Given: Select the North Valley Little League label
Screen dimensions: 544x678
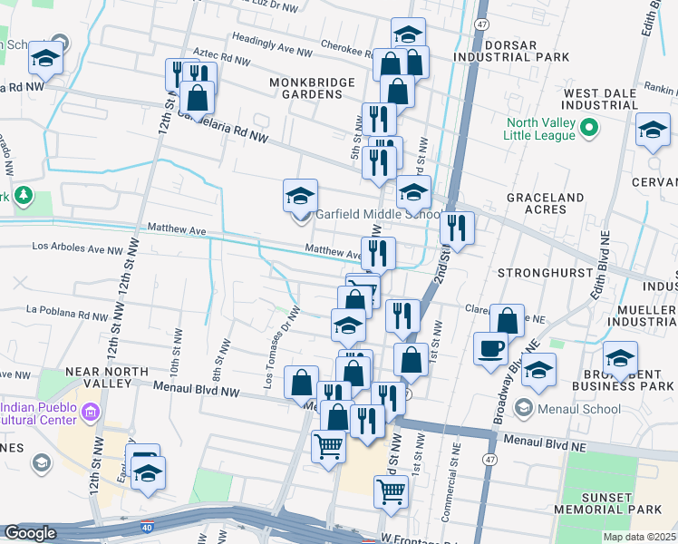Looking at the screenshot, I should (541, 129).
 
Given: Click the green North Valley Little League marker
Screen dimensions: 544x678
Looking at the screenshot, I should (589, 128).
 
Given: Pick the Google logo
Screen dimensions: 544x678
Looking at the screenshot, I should (30, 533).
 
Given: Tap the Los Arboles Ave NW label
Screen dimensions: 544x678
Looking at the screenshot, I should (77, 247).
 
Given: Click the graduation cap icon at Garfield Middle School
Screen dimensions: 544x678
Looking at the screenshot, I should (300, 195).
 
